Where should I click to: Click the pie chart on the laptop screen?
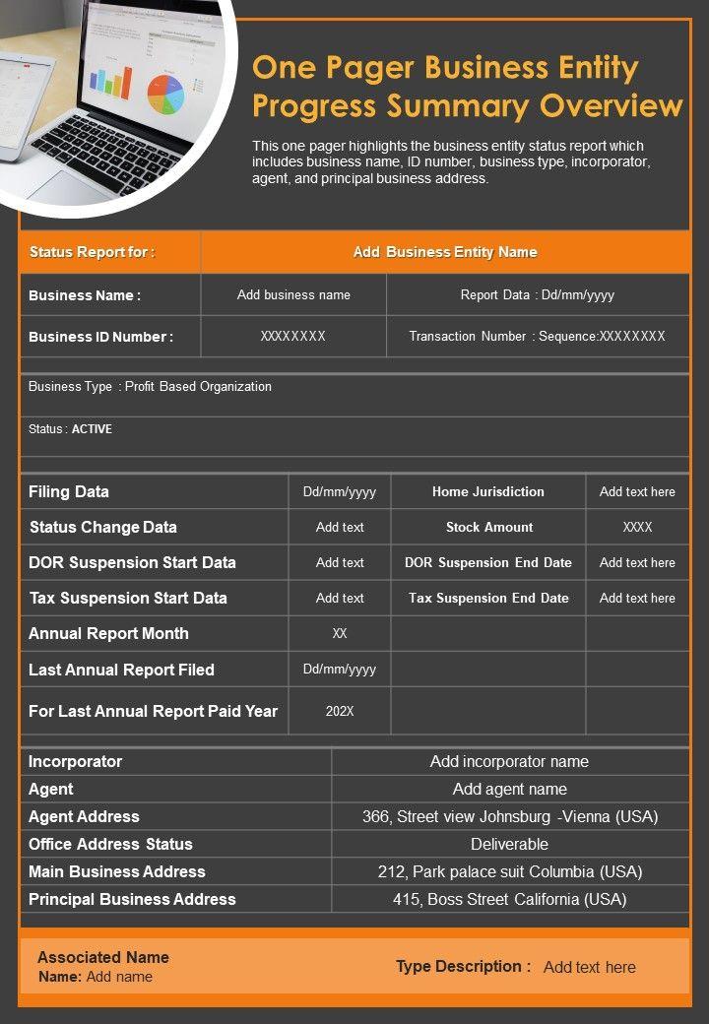pyautogui.click(x=165, y=94)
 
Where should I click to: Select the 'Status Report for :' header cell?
pyautogui.click(x=92, y=252)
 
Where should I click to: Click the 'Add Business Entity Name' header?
pyautogui.click(x=445, y=252)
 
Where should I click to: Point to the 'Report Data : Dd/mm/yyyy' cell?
pyautogui.click(x=538, y=294)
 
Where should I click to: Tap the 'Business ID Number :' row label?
pyautogui.click(x=100, y=337)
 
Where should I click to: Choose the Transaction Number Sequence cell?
pyautogui.click(x=538, y=337)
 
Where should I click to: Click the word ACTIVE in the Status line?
pyautogui.click(x=92, y=429)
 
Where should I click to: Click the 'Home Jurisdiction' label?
pyautogui.click(x=487, y=491)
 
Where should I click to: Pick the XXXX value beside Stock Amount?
pyautogui.click(x=637, y=527)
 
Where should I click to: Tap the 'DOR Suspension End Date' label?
pyautogui.click(x=487, y=562)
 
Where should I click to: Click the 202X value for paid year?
pyautogui.click(x=340, y=711)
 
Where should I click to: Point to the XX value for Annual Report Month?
pyautogui.click(x=340, y=633)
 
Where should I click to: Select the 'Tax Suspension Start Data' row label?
pyautogui.click(x=128, y=598)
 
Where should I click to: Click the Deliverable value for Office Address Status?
pyautogui.click(x=509, y=844)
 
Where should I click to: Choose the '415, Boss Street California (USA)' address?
pyautogui.click(x=509, y=899)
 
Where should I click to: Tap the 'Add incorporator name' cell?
pyautogui.click(x=509, y=761)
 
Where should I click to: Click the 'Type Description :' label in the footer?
pyautogui.click(x=463, y=966)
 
